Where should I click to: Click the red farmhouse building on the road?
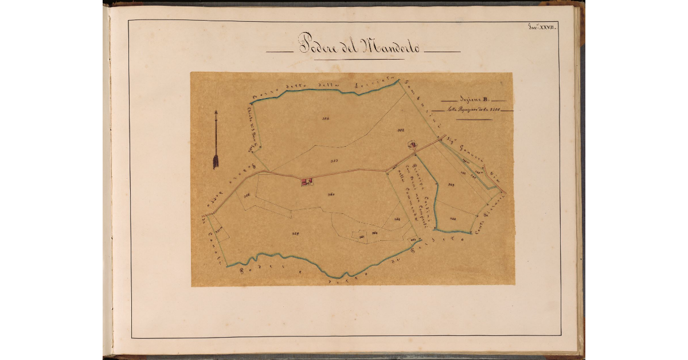click(x=306, y=181)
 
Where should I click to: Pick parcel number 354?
click(x=325, y=119)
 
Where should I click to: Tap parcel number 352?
click(x=401, y=131)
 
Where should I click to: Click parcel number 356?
click(x=247, y=195)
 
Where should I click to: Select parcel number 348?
click(x=452, y=218)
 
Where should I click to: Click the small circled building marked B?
click(x=413, y=145)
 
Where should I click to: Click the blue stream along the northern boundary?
click(x=321, y=91)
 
